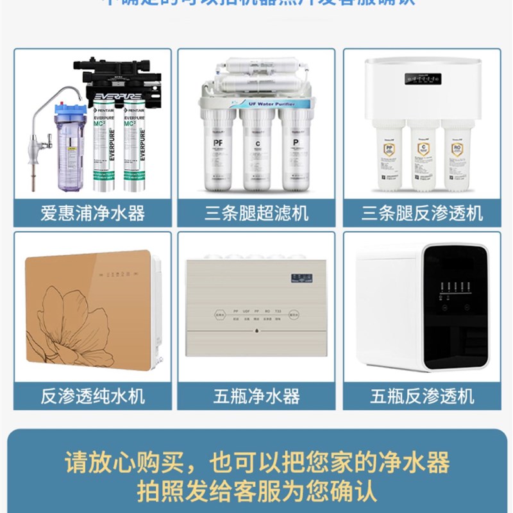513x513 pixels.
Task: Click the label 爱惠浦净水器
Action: click(93, 213)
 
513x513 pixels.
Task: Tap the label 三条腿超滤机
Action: click(256, 213)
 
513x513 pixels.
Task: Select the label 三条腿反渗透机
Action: click(421, 213)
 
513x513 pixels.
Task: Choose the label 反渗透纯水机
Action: click(93, 396)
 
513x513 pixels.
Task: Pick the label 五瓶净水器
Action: click(256, 396)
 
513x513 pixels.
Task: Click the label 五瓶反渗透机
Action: click(421, 396)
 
